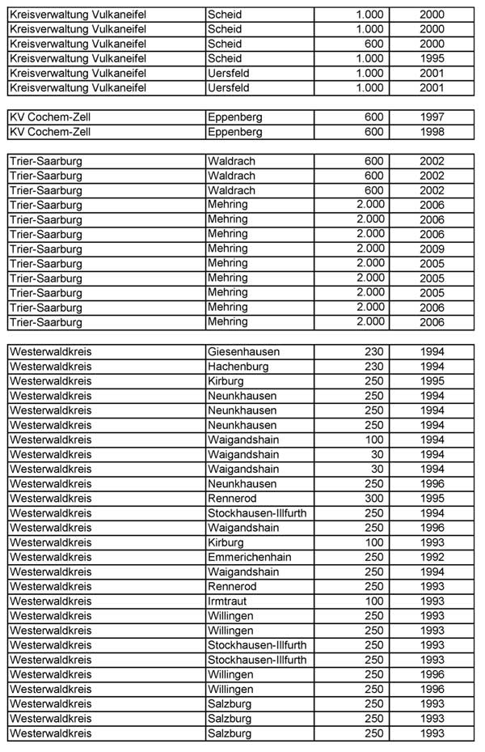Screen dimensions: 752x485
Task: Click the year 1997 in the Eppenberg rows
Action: coord(432,117)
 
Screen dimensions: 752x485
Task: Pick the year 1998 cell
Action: coord(432,132)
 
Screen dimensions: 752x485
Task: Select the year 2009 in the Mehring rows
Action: coord(432,249)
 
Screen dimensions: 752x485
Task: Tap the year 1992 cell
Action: coord(432,557)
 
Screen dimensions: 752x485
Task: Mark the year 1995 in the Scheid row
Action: coord(432,58)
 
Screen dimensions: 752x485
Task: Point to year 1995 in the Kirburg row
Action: coord(432,381)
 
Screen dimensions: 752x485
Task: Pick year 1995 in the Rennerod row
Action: coord(432,499)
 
